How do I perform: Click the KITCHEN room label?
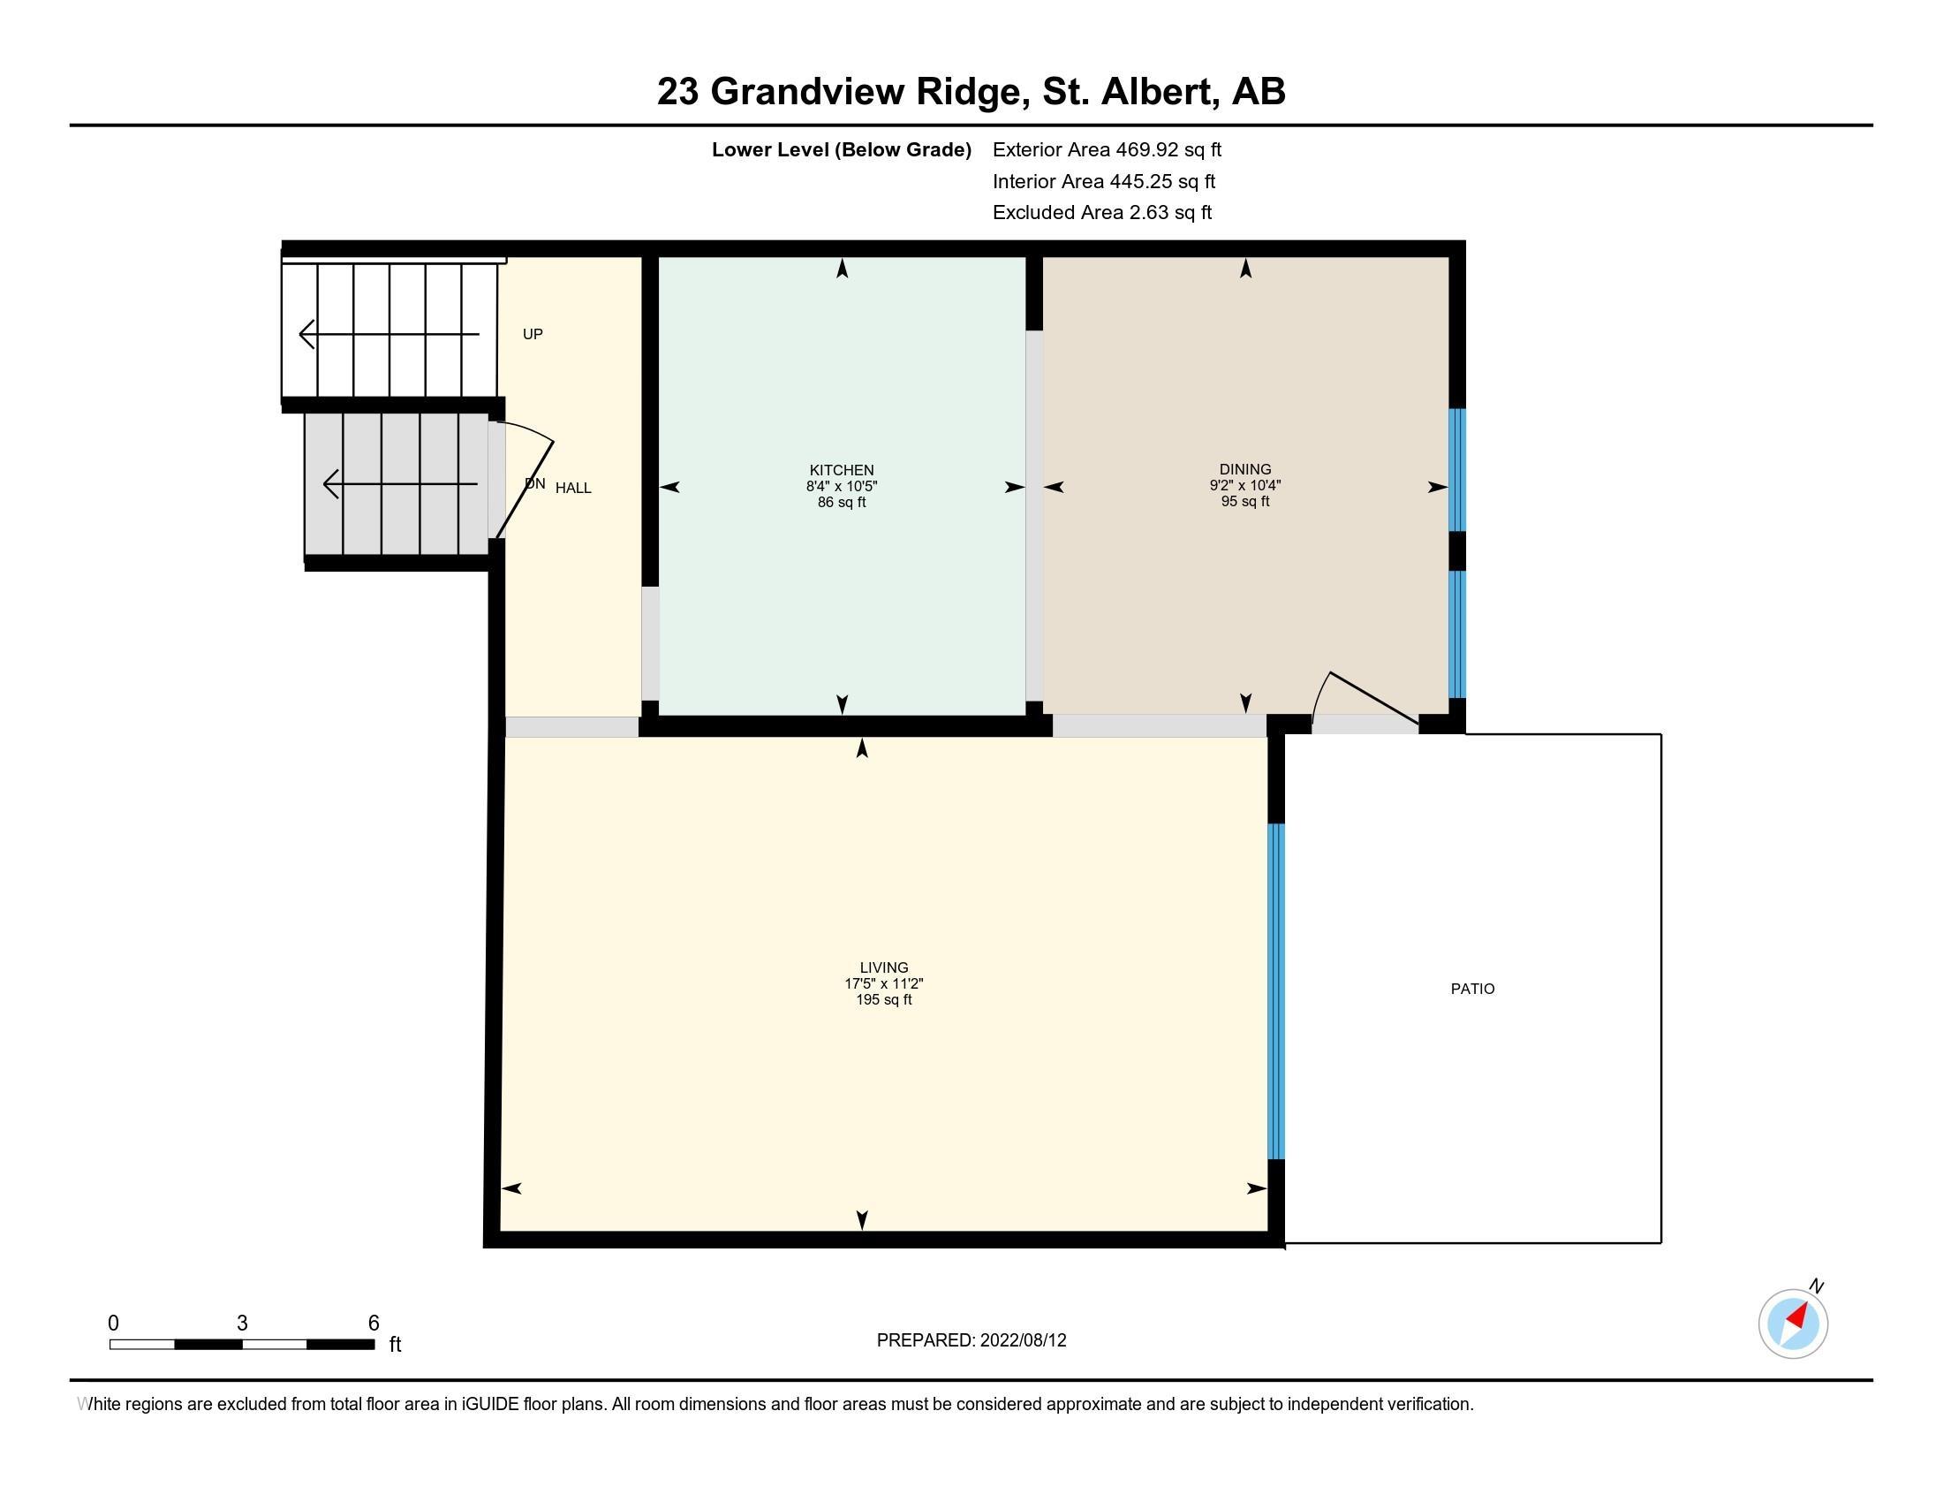tap(841, 470)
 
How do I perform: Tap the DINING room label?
tap(1244, 469)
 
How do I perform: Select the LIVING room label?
tap(883, 967)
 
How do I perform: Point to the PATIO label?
tap(1472, 989)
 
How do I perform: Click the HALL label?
tap(573, 488)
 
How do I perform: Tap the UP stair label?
tap(533, 334)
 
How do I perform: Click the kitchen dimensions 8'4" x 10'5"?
tap(842, 486)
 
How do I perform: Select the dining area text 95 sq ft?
tap(1244, 501)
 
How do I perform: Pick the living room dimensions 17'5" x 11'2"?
tap(883, 983)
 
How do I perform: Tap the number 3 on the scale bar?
tap(242, 1324)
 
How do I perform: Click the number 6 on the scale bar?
tap(374, 1324)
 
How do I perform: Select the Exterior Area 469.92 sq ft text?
tap(1107, 149)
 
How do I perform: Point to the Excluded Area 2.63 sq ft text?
tap(1102, 212)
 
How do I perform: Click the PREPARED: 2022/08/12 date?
tap(971, 1340)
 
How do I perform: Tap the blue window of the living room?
tap(1276, 991)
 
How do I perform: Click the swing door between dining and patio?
tap(1365, 703)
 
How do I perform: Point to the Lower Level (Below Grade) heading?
tap(841, 149)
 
